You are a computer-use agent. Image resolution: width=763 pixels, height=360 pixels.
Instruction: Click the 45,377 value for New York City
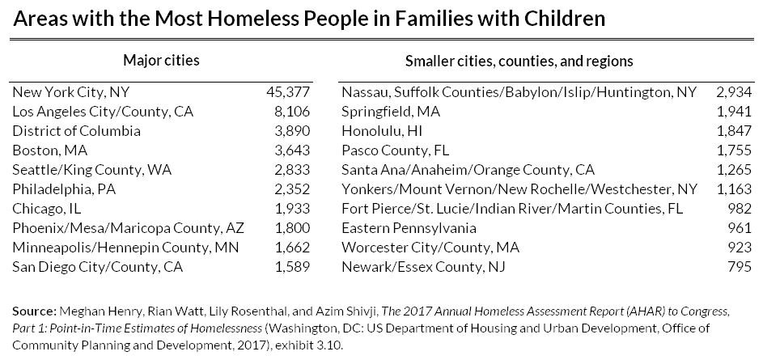pos(288,92)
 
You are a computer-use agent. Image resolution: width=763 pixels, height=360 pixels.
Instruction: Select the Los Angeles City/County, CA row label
pos(103,112)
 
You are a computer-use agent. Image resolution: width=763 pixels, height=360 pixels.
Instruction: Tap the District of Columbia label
pos(77,131)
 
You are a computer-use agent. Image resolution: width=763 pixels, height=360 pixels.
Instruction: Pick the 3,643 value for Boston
pos(292,150)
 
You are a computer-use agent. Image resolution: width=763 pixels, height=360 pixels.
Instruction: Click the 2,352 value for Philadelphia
pos(292,189)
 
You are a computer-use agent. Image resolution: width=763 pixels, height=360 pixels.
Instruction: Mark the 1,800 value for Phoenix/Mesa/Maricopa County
pos(292,228)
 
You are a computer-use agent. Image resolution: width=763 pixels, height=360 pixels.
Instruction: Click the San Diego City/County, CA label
pos(97,267)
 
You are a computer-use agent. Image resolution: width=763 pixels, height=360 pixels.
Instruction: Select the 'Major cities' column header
pos(161,61)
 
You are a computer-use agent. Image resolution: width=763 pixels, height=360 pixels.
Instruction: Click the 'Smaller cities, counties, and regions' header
pos(518,61)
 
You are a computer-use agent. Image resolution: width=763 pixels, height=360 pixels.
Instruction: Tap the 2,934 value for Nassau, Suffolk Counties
pos(735,92)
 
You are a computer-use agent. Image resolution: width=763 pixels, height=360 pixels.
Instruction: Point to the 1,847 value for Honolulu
pos(735,131)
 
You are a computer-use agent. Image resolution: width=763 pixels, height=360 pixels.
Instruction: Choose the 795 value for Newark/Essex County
pos(740,267)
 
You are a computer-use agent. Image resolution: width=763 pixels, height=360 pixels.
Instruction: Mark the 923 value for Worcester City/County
pos(740,248)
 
